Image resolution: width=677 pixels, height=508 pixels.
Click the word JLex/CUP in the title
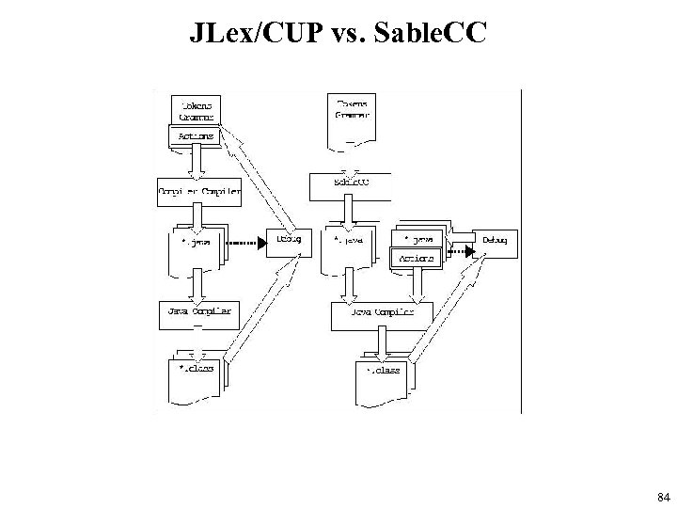coord(241,34)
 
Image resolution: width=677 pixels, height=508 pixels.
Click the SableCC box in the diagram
coord(351,183)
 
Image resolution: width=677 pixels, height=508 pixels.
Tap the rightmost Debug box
coord(496,241)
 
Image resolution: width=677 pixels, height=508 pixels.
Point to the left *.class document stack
coord(197,370)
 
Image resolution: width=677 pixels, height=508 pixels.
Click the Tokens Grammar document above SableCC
coord(351,117)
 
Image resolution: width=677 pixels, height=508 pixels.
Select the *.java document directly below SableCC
coord(349,246)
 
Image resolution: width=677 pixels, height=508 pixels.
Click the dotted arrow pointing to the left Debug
coord(247,242)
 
